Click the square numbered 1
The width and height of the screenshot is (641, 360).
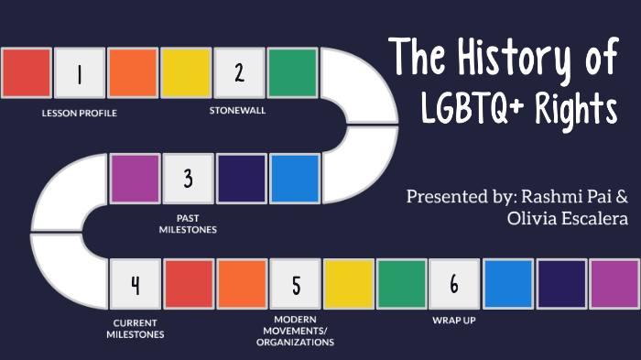pyautogui.click(x=79, y=73)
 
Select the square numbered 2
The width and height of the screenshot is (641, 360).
pyautogui.click(x=239, y=73)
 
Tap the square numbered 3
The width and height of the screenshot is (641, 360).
pyautogui.click(x=188, y=178)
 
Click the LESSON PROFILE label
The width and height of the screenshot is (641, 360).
pyautogui.click(x=79, y=114)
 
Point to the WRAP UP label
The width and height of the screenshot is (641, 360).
pyautogui.click(x=454, y=322)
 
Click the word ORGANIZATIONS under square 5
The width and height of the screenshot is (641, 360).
pyautogui.click(x=296, y=343)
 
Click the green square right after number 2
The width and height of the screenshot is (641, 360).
pyautogui.click(x=293, y=73)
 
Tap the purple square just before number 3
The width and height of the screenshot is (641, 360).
pyautogui.click(x=135, y=178)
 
